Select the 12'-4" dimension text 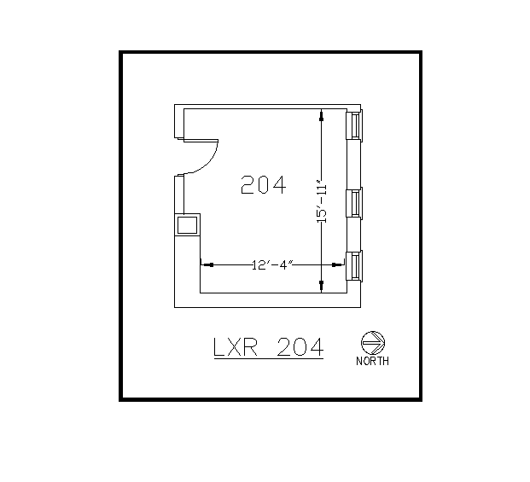[272, 264]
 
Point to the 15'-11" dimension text [322, 201]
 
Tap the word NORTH [372, 362]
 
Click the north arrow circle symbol [373, 343]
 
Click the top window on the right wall [353, 125]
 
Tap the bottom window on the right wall [353, 265]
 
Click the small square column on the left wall [187, 224]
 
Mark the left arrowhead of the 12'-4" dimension [205, 264]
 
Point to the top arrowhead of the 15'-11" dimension [321, 113]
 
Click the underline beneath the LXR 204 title [266, 359]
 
